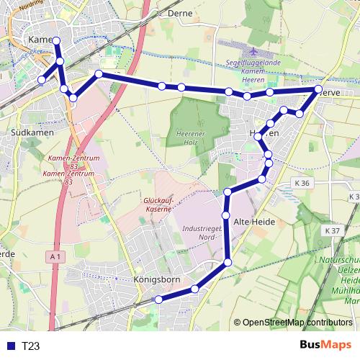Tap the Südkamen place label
(x=29, y=134)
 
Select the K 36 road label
(x=302, y=184)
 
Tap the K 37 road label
(x=332, y=230)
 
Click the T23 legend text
(x=31, y=346)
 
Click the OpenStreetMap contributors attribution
(x=297, y=323)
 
